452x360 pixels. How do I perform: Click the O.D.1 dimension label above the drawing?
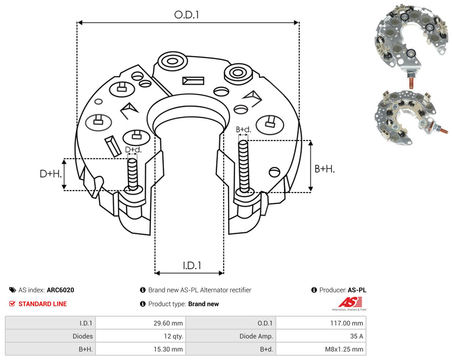(186, 15)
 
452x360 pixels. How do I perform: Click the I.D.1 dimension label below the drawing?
(192, 266)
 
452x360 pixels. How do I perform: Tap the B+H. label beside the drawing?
(324, 169)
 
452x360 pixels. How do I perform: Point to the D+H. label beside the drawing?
(50, 174)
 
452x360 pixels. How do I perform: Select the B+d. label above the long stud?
(243, 130)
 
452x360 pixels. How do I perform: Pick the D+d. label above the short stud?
(133, 149)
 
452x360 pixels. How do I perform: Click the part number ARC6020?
(60, 290)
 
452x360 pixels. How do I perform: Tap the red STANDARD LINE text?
(43, 304)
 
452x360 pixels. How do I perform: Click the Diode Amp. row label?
(256, 336)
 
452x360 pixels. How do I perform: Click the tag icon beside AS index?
(13, 290)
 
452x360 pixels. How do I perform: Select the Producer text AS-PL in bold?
(357, 290)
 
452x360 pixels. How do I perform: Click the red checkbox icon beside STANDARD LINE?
(12, 304)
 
